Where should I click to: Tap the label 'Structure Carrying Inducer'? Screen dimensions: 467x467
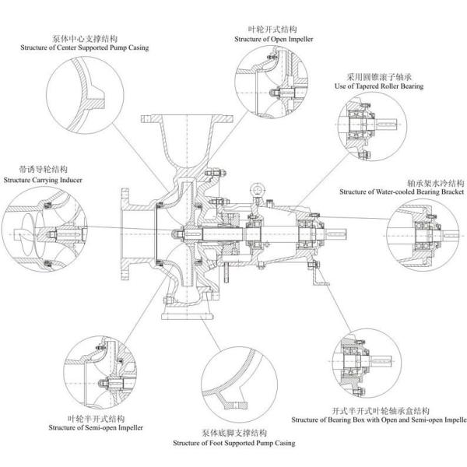pyautogui.click(x=42, y=180)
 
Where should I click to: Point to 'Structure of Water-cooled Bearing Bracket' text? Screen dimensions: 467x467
pyautogui.click(x=402, y=191)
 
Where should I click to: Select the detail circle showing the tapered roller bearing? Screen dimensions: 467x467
pyautogui.click(x=371, y=125)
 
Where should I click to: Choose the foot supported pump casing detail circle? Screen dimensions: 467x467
pyautogui.click(x=239, y=386)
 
